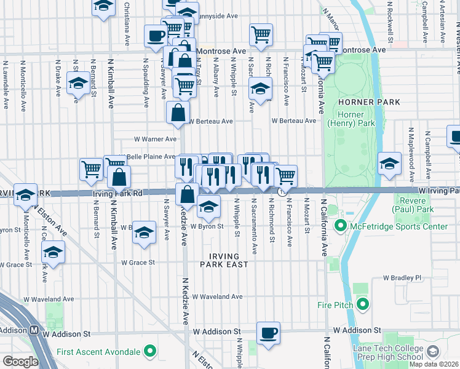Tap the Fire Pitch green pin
363,303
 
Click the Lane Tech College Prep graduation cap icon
432,352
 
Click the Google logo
20,362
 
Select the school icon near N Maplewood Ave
389,164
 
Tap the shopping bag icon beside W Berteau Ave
177,113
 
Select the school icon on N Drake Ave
78,84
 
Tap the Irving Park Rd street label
117,193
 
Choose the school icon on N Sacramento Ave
260,89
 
